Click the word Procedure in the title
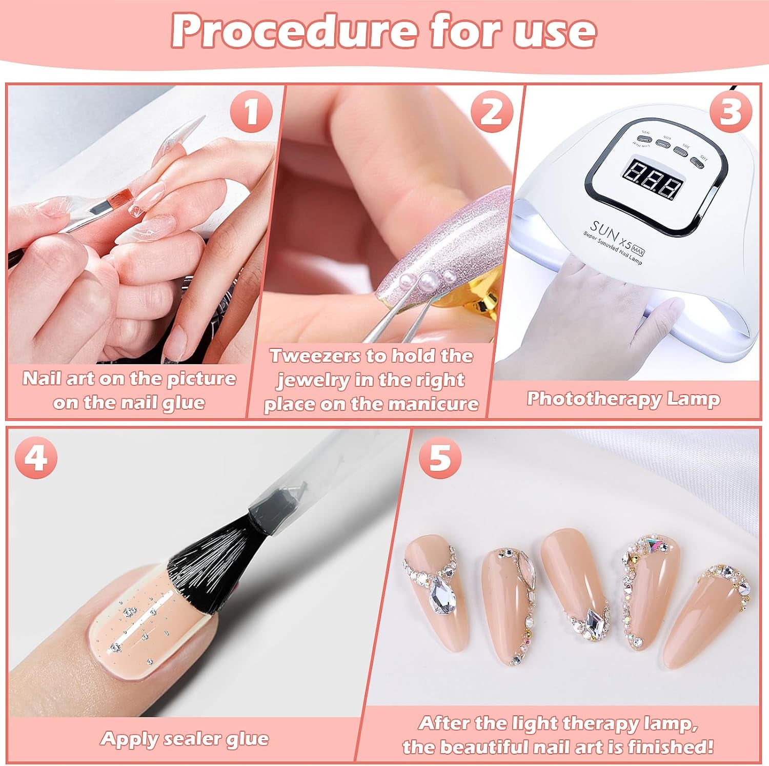point(293,32)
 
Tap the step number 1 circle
point(251,112)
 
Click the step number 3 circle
point(729,112)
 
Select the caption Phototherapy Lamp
point(623,399)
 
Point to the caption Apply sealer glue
point(185,739)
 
